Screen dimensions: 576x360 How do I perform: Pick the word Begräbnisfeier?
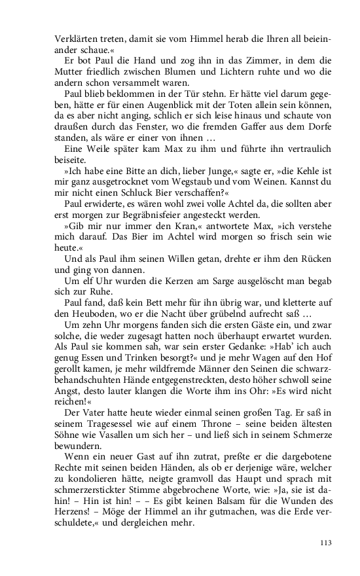(x=158, y=216)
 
